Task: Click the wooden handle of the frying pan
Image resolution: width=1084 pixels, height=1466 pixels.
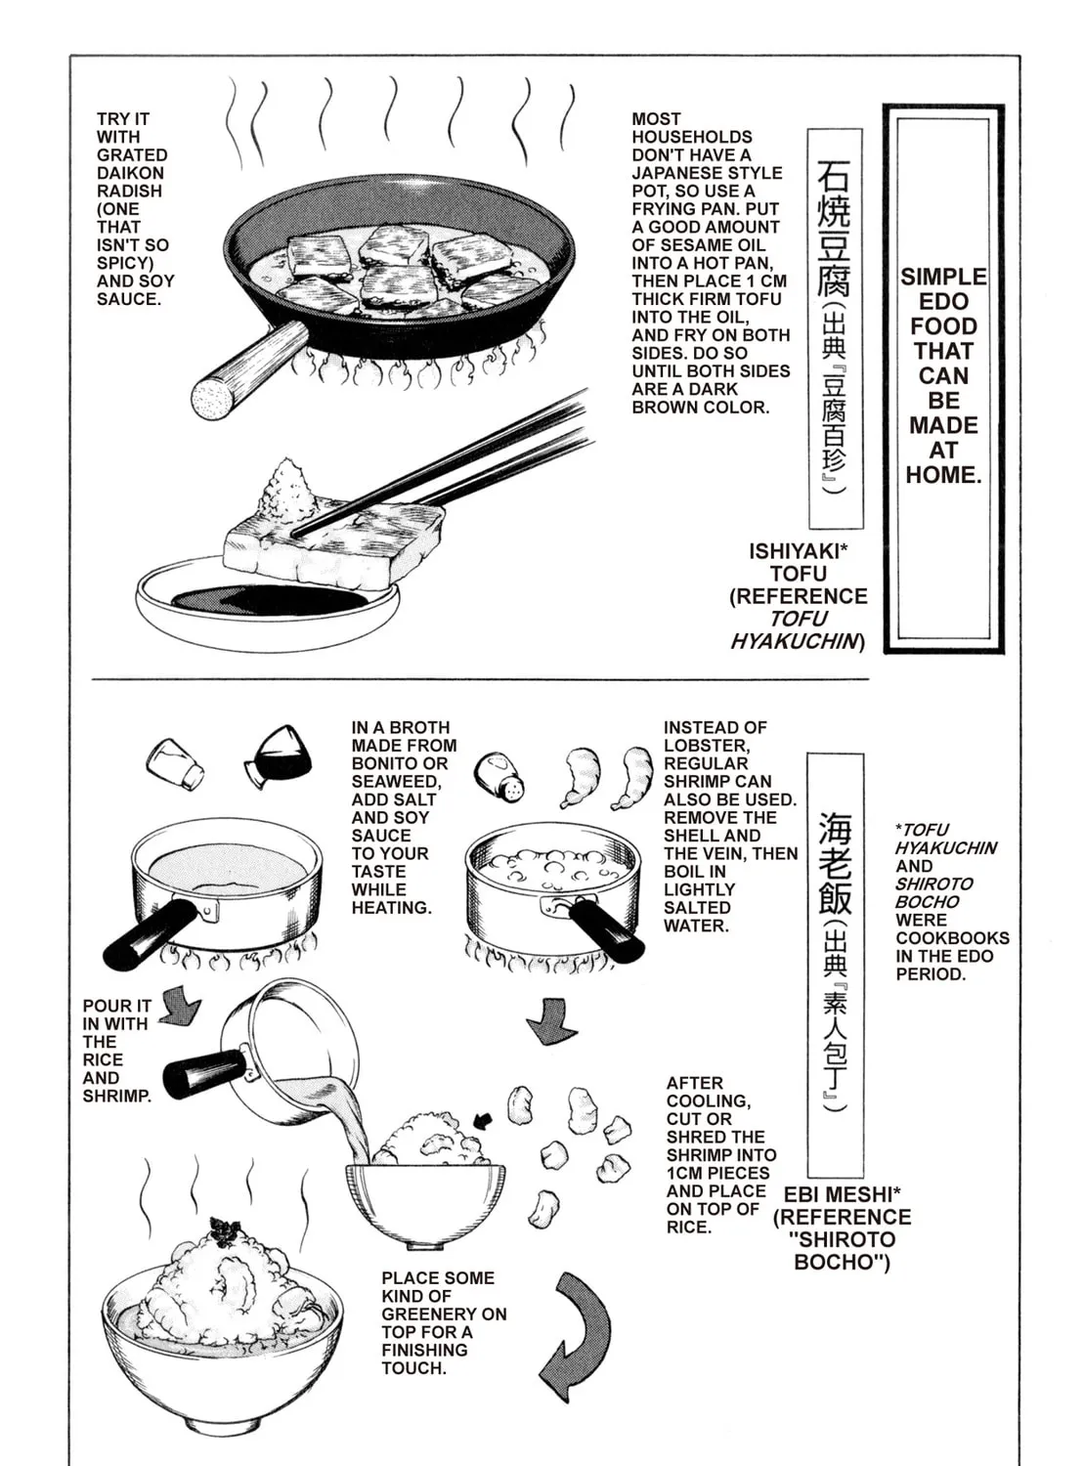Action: pos(248,372)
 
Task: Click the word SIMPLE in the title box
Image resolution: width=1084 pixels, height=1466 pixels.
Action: pos(943,277)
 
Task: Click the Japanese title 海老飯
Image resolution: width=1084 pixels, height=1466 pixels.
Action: pos(835,863)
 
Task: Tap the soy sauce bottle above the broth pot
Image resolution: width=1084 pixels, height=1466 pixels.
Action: pos(278,757)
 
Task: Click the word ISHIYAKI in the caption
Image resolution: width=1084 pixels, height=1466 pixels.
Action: pos(795,550)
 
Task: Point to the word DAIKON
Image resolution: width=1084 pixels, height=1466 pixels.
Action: pos(130,173)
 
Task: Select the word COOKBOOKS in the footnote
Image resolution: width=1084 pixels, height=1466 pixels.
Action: pos(952,938)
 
